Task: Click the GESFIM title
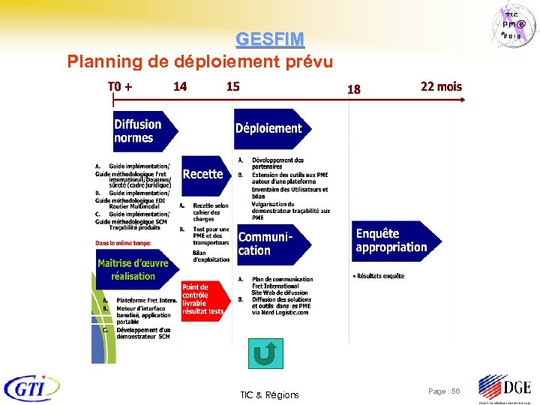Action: coord(270,39)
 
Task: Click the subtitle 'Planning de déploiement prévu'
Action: coord(199,61)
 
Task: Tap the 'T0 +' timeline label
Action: coord(121,86)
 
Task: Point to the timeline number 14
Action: coord(180,86)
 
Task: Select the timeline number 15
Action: coord(233,86)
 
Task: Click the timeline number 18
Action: coord(353,89)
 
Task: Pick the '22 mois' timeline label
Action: coord(441,86)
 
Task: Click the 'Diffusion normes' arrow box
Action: coord(142,131)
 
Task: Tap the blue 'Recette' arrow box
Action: coord(204,174)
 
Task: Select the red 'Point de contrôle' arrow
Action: coord(202,299)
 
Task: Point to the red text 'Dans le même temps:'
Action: coord(123,242)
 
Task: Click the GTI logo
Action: coord(31,388)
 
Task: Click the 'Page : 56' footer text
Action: coord(444,391)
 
